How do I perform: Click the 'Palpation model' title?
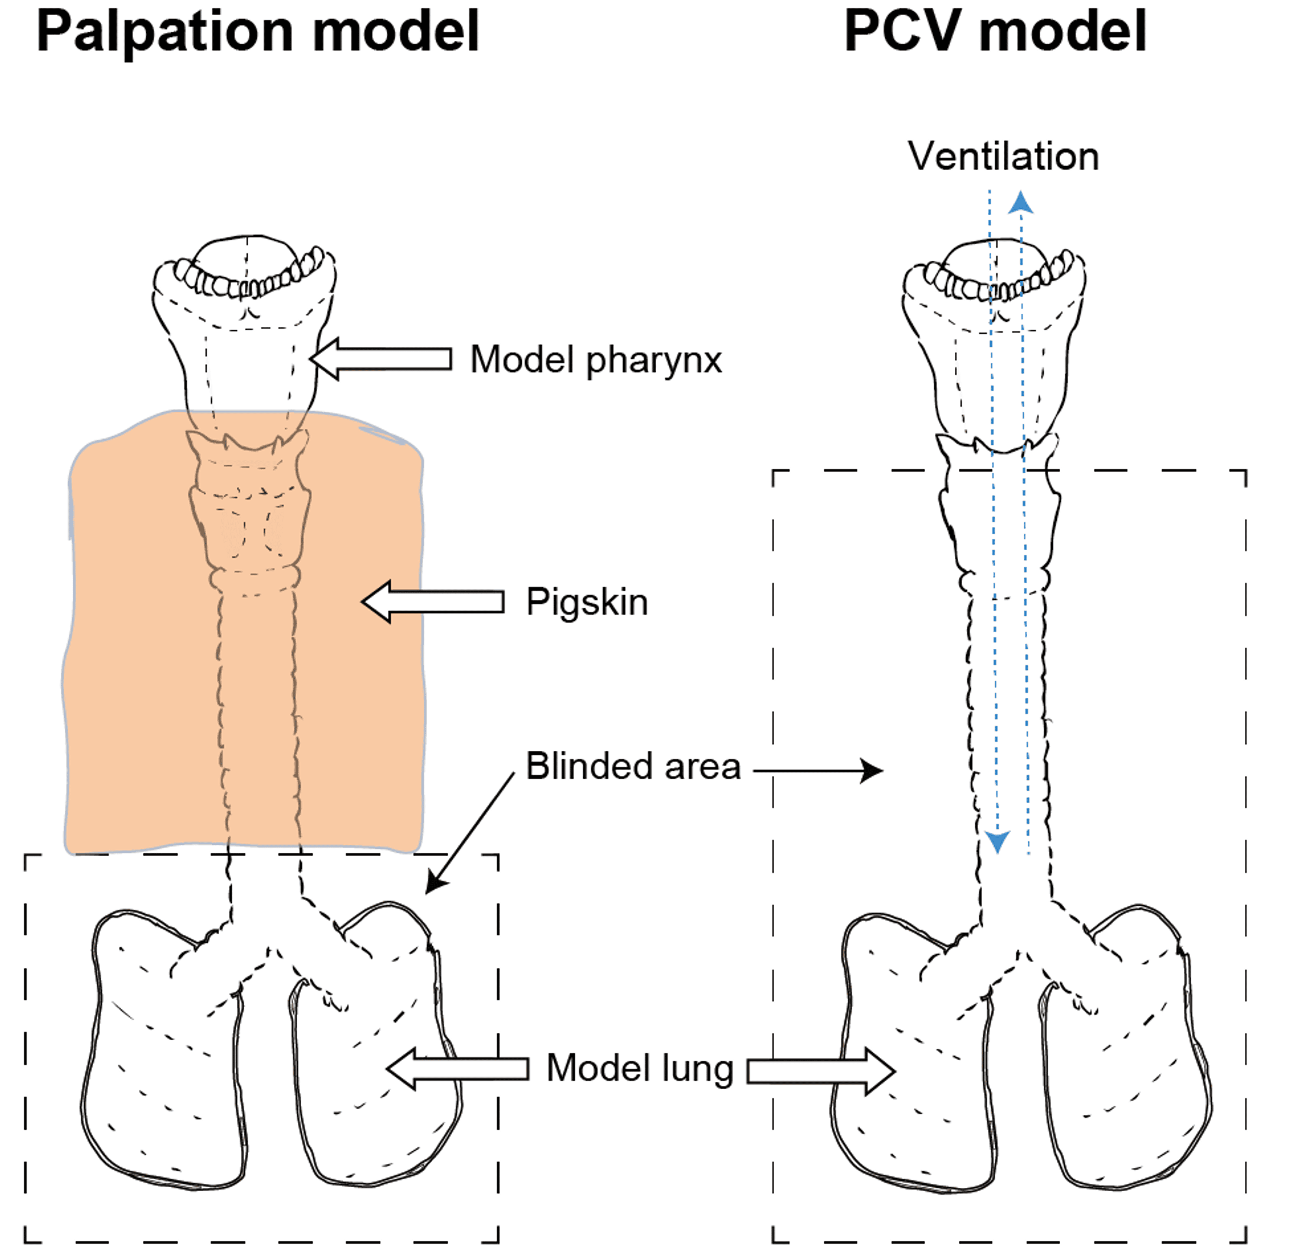point(257,32)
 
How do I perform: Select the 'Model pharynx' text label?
point(595,360)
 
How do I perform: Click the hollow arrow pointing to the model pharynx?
point(381,359)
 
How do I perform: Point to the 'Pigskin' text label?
point(587,602)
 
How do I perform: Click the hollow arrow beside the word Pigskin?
point(433,601)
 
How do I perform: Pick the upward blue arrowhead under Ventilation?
point(1021,202)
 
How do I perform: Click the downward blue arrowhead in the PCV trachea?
point(997,841)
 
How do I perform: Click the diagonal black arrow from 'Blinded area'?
point(470,832)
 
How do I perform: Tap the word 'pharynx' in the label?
point(653,361)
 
